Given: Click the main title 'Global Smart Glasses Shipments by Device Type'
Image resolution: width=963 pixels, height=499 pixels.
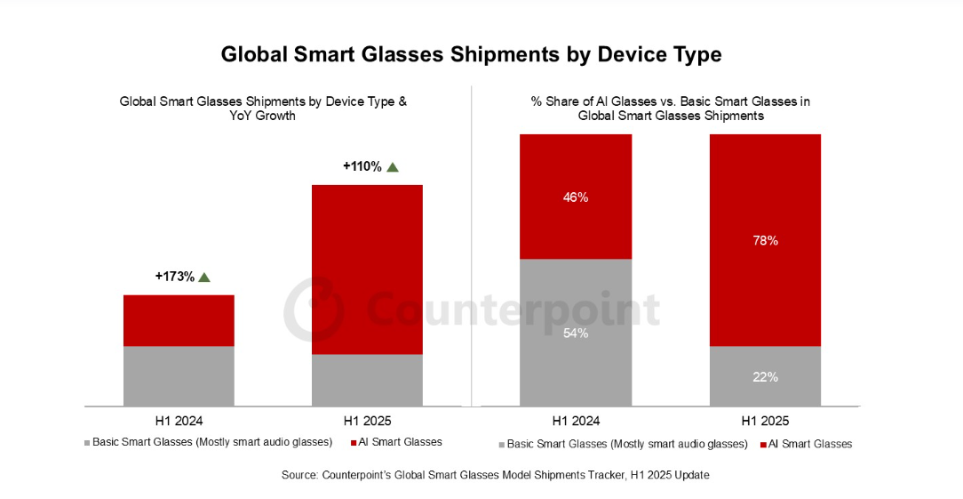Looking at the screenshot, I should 471,54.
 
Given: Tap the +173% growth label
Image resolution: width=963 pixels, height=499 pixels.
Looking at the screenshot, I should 174,277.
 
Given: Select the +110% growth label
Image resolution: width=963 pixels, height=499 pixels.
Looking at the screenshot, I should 362,166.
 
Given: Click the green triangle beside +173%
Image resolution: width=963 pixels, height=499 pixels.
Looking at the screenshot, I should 204,278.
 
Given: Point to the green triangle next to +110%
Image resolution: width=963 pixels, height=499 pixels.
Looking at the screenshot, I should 393,166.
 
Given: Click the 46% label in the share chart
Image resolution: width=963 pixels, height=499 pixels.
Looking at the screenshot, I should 576,197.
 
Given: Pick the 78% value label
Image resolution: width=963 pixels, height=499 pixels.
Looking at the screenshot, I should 765,240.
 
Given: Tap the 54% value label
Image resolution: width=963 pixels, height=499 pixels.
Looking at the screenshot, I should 576,333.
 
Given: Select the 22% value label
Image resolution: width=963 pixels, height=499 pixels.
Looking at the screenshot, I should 765,376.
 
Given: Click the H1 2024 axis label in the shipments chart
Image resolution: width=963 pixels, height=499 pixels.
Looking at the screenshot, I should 179,421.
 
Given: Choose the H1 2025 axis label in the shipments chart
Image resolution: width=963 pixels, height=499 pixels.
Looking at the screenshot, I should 367,421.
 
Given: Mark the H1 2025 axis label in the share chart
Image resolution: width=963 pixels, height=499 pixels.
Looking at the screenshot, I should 765,421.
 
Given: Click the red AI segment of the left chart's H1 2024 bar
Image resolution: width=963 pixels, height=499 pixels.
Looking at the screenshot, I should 179,320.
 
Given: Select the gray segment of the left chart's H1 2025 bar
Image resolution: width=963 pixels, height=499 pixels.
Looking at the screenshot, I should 367,380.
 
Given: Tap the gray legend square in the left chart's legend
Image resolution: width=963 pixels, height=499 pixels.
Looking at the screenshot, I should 87,443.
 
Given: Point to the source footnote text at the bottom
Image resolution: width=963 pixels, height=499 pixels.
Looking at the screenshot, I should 495,476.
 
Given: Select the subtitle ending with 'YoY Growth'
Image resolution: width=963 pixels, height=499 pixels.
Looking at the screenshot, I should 263,109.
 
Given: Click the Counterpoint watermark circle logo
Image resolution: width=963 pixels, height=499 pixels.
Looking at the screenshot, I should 313,306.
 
